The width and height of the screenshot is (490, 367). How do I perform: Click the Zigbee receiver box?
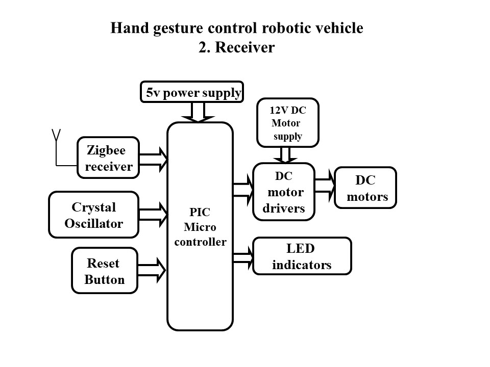tap(108, 158)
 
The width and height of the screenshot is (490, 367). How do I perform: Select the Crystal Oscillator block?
tap(94, 215)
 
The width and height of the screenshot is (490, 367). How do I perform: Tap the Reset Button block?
tap(105, 271)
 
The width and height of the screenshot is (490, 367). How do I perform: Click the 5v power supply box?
tap(192, 92)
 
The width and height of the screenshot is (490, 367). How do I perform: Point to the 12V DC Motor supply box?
tap(288, 122)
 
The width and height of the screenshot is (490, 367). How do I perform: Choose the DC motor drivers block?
tap(284, 192)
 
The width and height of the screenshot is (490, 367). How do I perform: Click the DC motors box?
tap(365, 188)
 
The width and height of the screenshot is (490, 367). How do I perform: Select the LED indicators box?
tap(302, 256)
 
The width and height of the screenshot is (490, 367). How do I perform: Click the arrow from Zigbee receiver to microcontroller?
tap(154, 159)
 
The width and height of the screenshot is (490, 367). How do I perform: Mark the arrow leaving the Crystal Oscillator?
tap(154, 214)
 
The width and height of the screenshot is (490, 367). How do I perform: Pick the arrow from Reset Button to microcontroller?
tap(153, 270)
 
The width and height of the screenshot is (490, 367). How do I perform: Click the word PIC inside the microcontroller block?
tap(200, 212)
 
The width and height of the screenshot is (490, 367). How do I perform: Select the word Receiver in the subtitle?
tap(246, 47)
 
